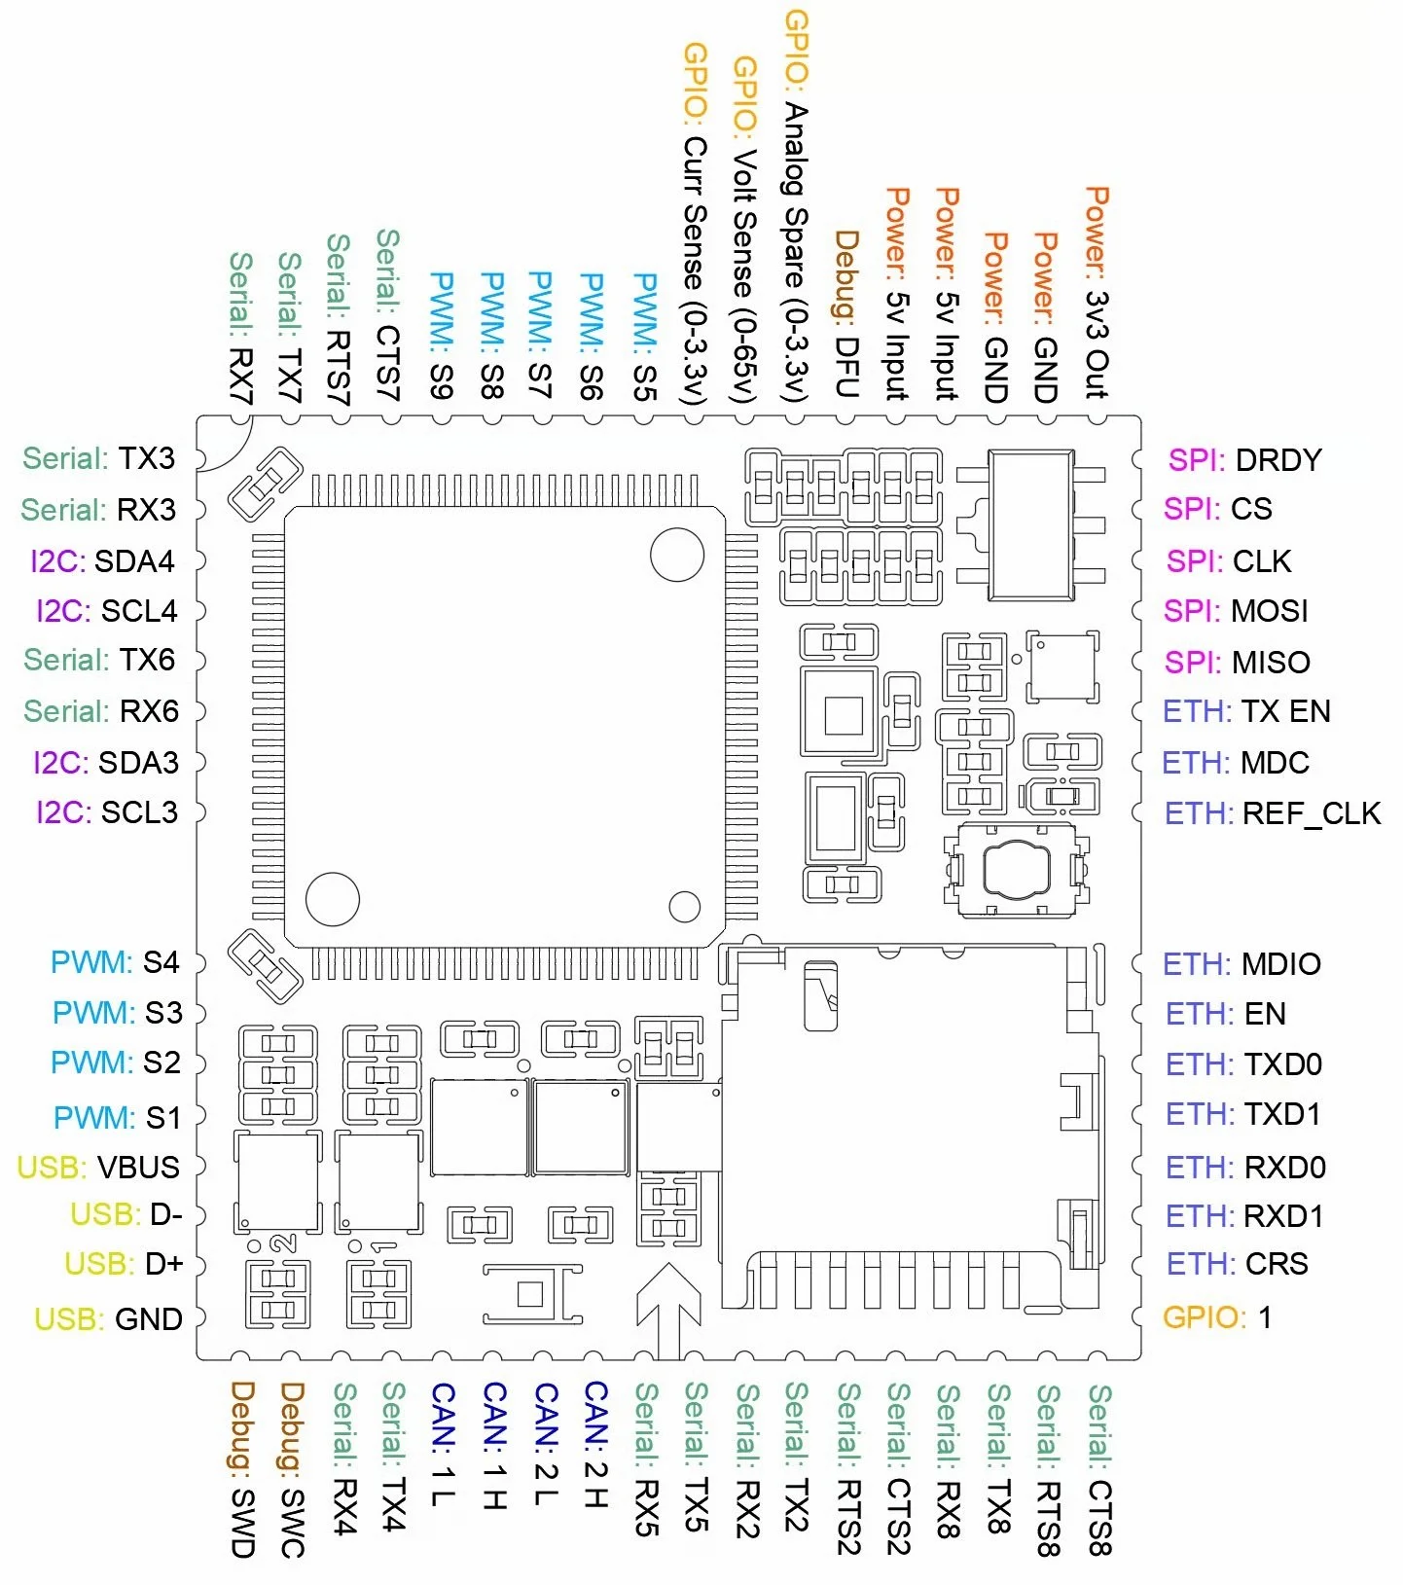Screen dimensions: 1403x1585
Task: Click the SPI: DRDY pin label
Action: (x=1245, y=459)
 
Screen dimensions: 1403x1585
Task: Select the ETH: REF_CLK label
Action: (x=1273, y=813)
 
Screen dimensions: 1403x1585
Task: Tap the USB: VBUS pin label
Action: (x=98, y=1167)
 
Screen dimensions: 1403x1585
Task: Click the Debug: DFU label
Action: (x=846, y=314)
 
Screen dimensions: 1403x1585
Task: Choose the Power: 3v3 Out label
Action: (x=1097, y=293)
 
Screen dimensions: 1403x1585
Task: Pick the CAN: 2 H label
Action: (x=595, y=1445)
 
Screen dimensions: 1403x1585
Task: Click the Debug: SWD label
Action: (x=242, y=1469)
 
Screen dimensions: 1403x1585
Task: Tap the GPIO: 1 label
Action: (x=1217, y=1317)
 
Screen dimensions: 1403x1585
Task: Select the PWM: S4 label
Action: (x=115, y=962)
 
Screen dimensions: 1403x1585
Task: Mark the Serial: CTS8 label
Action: (x=1099, y=1469)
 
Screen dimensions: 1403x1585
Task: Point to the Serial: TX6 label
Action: (x=99, y=660)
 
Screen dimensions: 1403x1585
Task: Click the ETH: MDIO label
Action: (x=1241, y=964)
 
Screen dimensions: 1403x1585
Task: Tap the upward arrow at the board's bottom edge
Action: (x=669, y=1310)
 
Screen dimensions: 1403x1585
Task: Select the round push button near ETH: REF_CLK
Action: (x=1018, y=868)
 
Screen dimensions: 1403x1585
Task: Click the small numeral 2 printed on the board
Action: (x=284, y=1243)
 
